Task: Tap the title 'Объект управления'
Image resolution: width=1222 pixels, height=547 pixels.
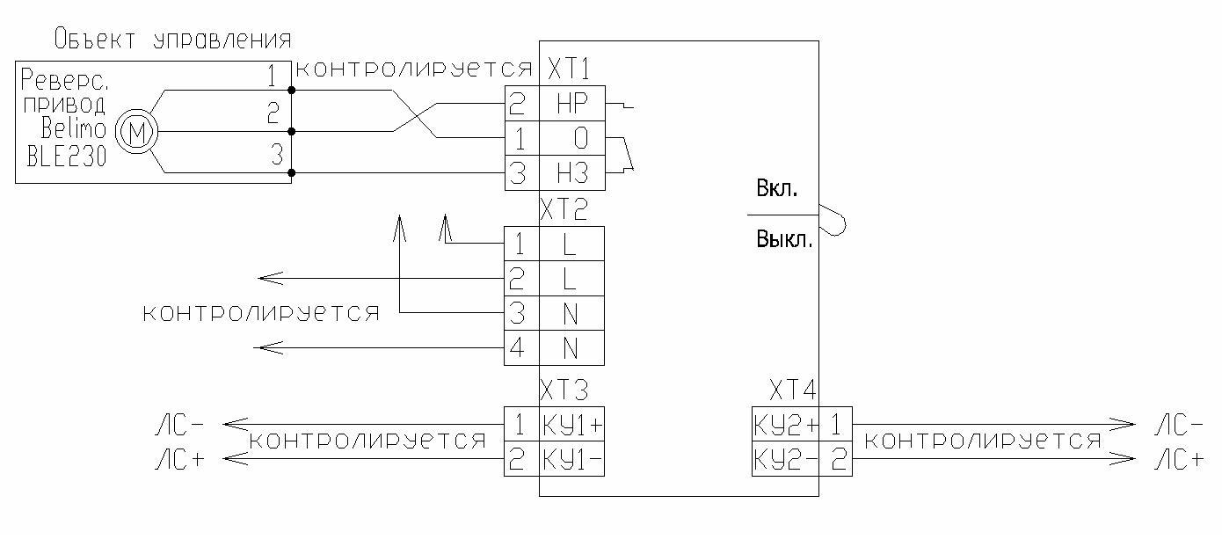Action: click(x=172, y=40)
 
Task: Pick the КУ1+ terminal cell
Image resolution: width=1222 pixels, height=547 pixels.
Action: click(x=572, y=425)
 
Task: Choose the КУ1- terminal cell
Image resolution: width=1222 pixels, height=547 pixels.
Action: click(x=572, y=458)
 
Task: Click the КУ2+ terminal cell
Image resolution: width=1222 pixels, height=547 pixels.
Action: click(x=786, y=425)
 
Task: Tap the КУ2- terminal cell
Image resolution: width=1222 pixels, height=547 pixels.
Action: click(x=786, y=458)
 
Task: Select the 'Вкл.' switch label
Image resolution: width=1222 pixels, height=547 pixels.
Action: click(x=777, y=189)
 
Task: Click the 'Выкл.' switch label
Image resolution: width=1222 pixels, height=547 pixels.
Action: click(x=784, y=239)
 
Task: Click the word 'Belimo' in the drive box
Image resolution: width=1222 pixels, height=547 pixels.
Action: click(x=74, y=128)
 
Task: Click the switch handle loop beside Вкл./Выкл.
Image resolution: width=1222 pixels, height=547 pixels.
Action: click(x=833, y=221)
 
